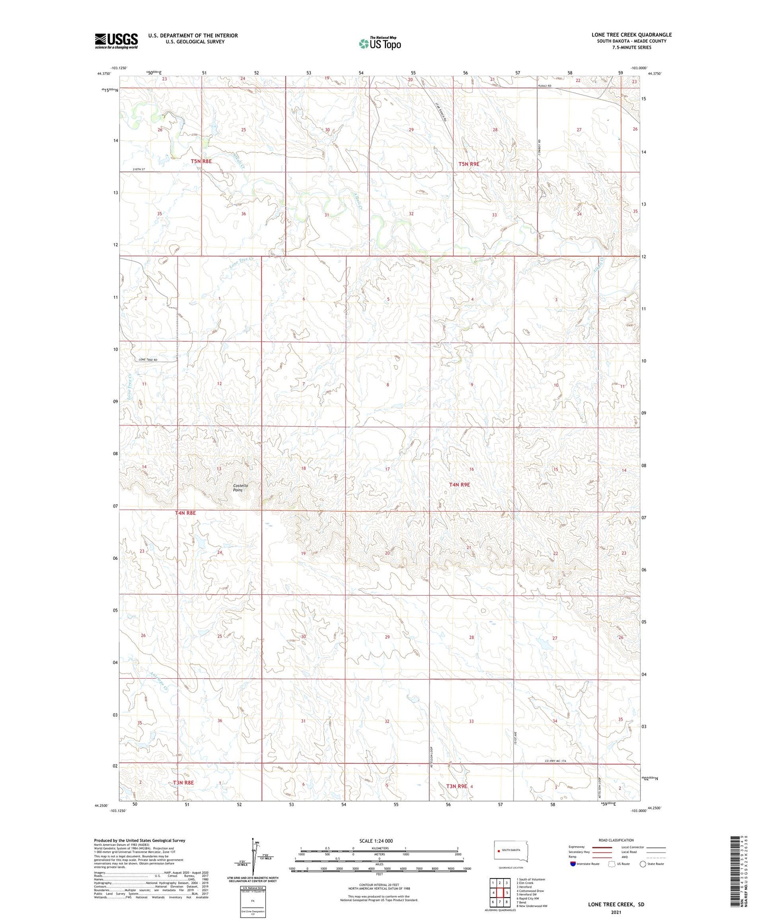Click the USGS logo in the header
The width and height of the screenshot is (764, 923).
[116, 41]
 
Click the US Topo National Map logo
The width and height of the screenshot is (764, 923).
[380, 43]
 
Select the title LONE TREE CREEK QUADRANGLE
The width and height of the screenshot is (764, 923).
[631, 35]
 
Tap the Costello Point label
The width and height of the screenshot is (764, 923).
[240, 487]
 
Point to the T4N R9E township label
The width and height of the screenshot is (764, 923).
[459, 484]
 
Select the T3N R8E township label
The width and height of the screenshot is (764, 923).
[183, 782]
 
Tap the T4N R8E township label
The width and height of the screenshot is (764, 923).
[185, 513]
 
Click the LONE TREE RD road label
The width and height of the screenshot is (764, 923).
[148, 360]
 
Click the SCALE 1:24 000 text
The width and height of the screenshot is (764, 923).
[375, 841]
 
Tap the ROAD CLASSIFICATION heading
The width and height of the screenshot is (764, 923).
[616, 840]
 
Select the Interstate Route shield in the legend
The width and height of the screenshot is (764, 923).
[574, 864]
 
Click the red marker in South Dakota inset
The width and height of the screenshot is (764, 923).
[498, 851]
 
